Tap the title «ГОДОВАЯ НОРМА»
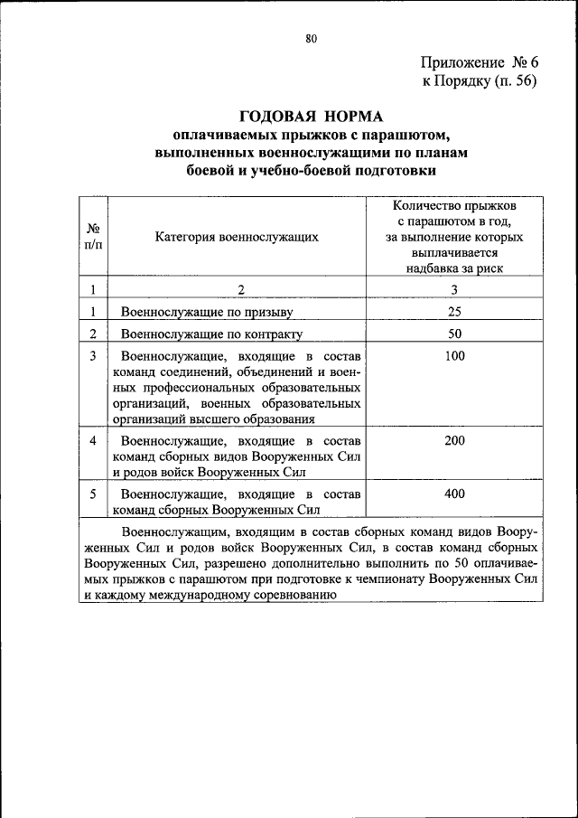click(x=311, y=117)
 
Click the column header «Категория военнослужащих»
click(x=237, y=237)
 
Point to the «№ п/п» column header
click(x=93, y=237)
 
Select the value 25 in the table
click(x=454, y=312)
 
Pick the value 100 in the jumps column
click(x=454, y=356)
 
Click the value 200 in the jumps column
click(x=454, y=440)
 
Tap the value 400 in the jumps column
click(x=454, y=494)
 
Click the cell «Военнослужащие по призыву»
click(x=209, y=313)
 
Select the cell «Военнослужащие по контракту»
click(x=212, y=334)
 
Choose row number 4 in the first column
click(x=93, y=440)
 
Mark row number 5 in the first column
click(x=93, y=494)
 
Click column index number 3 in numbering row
click(x=454, y=289)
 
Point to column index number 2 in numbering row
click(x=241, y=289)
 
